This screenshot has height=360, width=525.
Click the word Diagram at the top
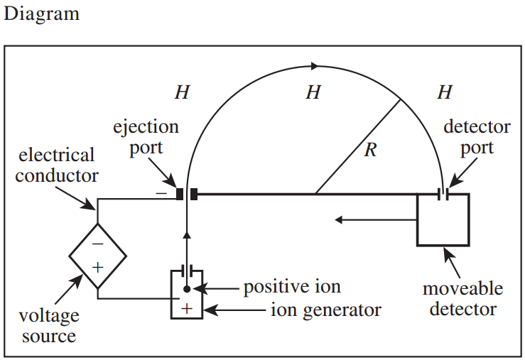point(41,15)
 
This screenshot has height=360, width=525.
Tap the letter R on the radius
point(370,150)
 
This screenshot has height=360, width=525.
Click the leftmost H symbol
point(182,92)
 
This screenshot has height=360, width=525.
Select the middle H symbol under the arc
point(313,92)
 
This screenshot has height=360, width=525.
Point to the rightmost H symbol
point(445,92)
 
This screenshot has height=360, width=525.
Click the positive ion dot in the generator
point(187,289)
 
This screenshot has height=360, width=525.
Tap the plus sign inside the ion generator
point(187,308)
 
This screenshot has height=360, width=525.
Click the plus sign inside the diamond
point(97,267)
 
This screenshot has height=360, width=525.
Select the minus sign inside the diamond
point(97,244)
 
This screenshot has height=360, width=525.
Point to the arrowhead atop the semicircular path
point(315,66)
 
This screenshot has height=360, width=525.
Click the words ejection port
point(146,137)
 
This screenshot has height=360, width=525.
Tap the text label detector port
point(477,137)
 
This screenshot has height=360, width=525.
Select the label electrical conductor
point(57,165)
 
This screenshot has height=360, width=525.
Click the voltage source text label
point(49,325)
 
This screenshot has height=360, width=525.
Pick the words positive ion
point(292,287)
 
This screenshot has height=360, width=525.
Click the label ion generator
point(326,310)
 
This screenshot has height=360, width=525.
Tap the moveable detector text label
point(463,299)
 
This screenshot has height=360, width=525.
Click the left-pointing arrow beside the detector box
point(376,220)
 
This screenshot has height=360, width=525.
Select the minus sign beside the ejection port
point(161,193)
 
